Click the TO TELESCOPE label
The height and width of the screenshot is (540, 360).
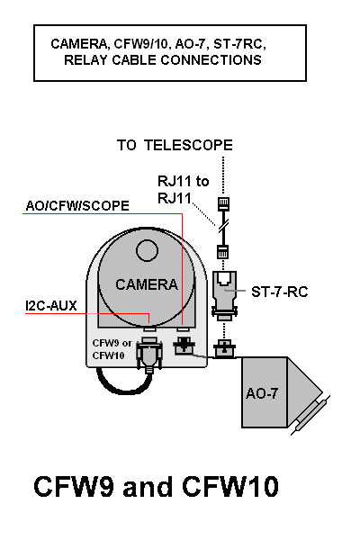pyautogui.click(x=175, y=145)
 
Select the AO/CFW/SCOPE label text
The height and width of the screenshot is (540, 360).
pyautogui.click(x=77, y=206)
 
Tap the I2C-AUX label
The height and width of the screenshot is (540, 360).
pyautogui.click(x=51, y=306)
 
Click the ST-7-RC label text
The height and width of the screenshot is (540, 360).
pyautogui.click(x=279, y=292)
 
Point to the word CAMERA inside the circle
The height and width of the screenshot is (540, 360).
pyautogui.click(x=147, y=284)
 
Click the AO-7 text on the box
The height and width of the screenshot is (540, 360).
pyautogui.click(x=262, y=393)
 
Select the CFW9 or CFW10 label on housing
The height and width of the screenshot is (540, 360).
pyautogui.click(x=112, y=349)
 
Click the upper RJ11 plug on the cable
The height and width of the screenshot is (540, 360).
pyautogui.click(x=223, y=204)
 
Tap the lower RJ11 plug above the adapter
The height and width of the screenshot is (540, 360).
pyautogui.click(x=223, y=252)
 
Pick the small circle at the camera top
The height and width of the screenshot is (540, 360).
pyautogui.click(x=147, y=251)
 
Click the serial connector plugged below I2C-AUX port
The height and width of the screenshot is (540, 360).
pyautogui.click(x=149, y=355)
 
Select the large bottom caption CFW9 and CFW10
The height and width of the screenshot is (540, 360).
pyautogui.click(x=156, y=486)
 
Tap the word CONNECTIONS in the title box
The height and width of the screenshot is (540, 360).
pyautogui.click(x=211, y=60)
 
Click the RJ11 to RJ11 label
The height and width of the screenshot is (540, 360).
pyautogui.click(x=184, y=189)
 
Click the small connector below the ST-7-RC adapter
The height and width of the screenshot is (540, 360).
pyautogui.click(x=224, y=349)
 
